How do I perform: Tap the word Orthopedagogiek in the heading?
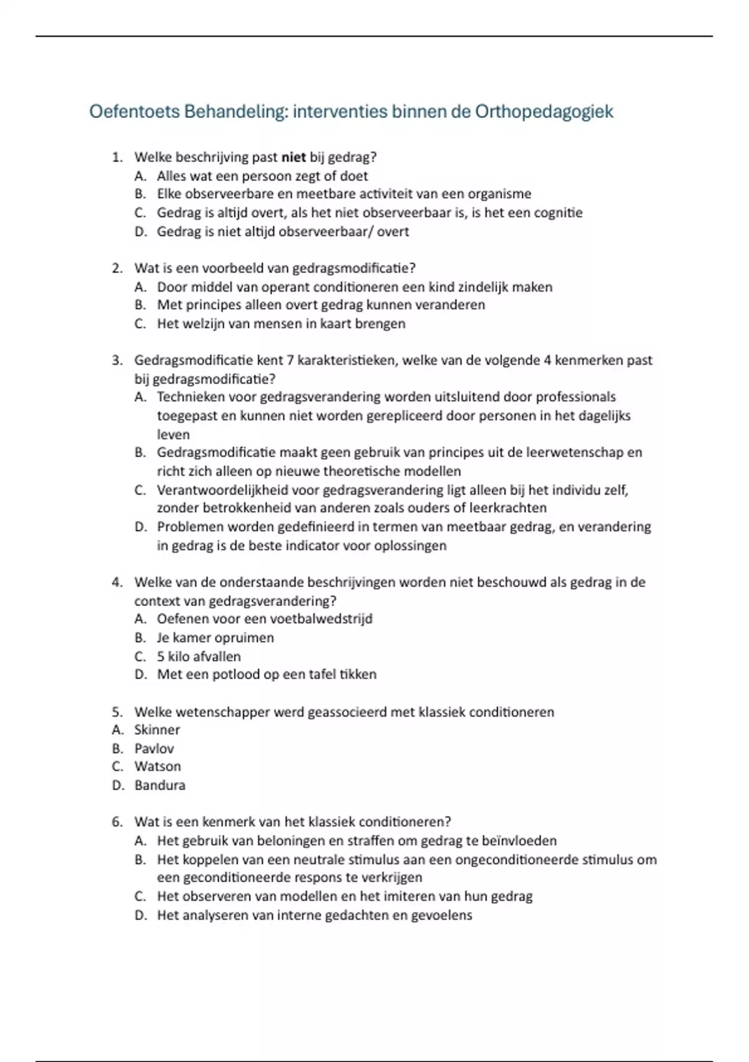point(544,112)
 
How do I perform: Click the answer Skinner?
point(157,730)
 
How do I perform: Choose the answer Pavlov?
point(154,748)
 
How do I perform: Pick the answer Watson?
point(157,767)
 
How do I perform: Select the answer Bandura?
point(160,785)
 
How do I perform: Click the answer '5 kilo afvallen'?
point(198,657)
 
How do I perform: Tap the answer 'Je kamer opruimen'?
point(215,638)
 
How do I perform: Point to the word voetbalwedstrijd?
point(325,619)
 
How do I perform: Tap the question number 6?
point(117,822)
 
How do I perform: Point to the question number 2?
point(117,269)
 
